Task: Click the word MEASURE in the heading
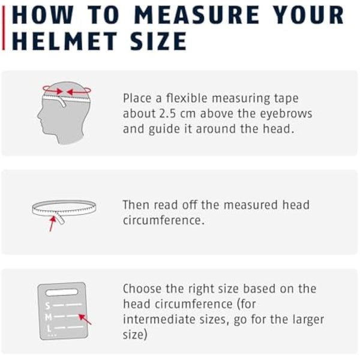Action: click(197, 15)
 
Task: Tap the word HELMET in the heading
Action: click(65, 41)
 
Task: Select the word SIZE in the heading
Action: click(158, 41)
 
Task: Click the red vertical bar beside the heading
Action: click(4, 28)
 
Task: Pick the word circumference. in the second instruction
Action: click(163, 220)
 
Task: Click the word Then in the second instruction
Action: click(136, 205)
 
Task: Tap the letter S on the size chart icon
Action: click(47, 306)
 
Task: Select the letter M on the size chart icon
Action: click(48, 317)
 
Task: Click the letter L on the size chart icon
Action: click(49, 329)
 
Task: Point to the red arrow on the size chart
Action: click(85, 319)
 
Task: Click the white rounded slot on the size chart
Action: click(62, 292)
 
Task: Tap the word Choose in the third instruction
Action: click(142, 289)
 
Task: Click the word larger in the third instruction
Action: click(308, 320)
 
